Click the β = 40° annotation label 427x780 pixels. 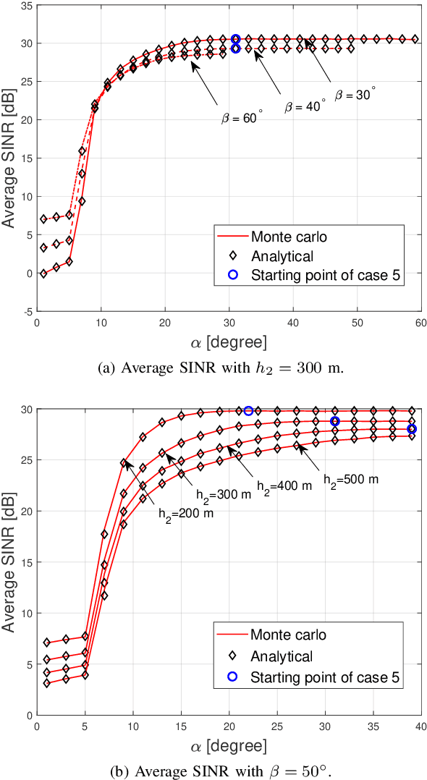pos(304,106)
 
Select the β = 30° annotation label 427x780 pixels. pos(355,94)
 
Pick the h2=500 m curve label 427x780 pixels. pos(351,478)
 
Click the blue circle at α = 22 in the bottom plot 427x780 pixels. pos(248,411)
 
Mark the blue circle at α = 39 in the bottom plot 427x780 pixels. pos(412,429)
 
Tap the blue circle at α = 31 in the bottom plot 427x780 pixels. pos(335,421)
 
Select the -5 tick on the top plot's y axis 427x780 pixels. pos(26,312)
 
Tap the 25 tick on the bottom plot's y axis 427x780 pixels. pos(25,459)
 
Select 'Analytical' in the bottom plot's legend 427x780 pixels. pos(282,657)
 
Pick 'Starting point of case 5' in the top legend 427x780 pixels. pos(325,275)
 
